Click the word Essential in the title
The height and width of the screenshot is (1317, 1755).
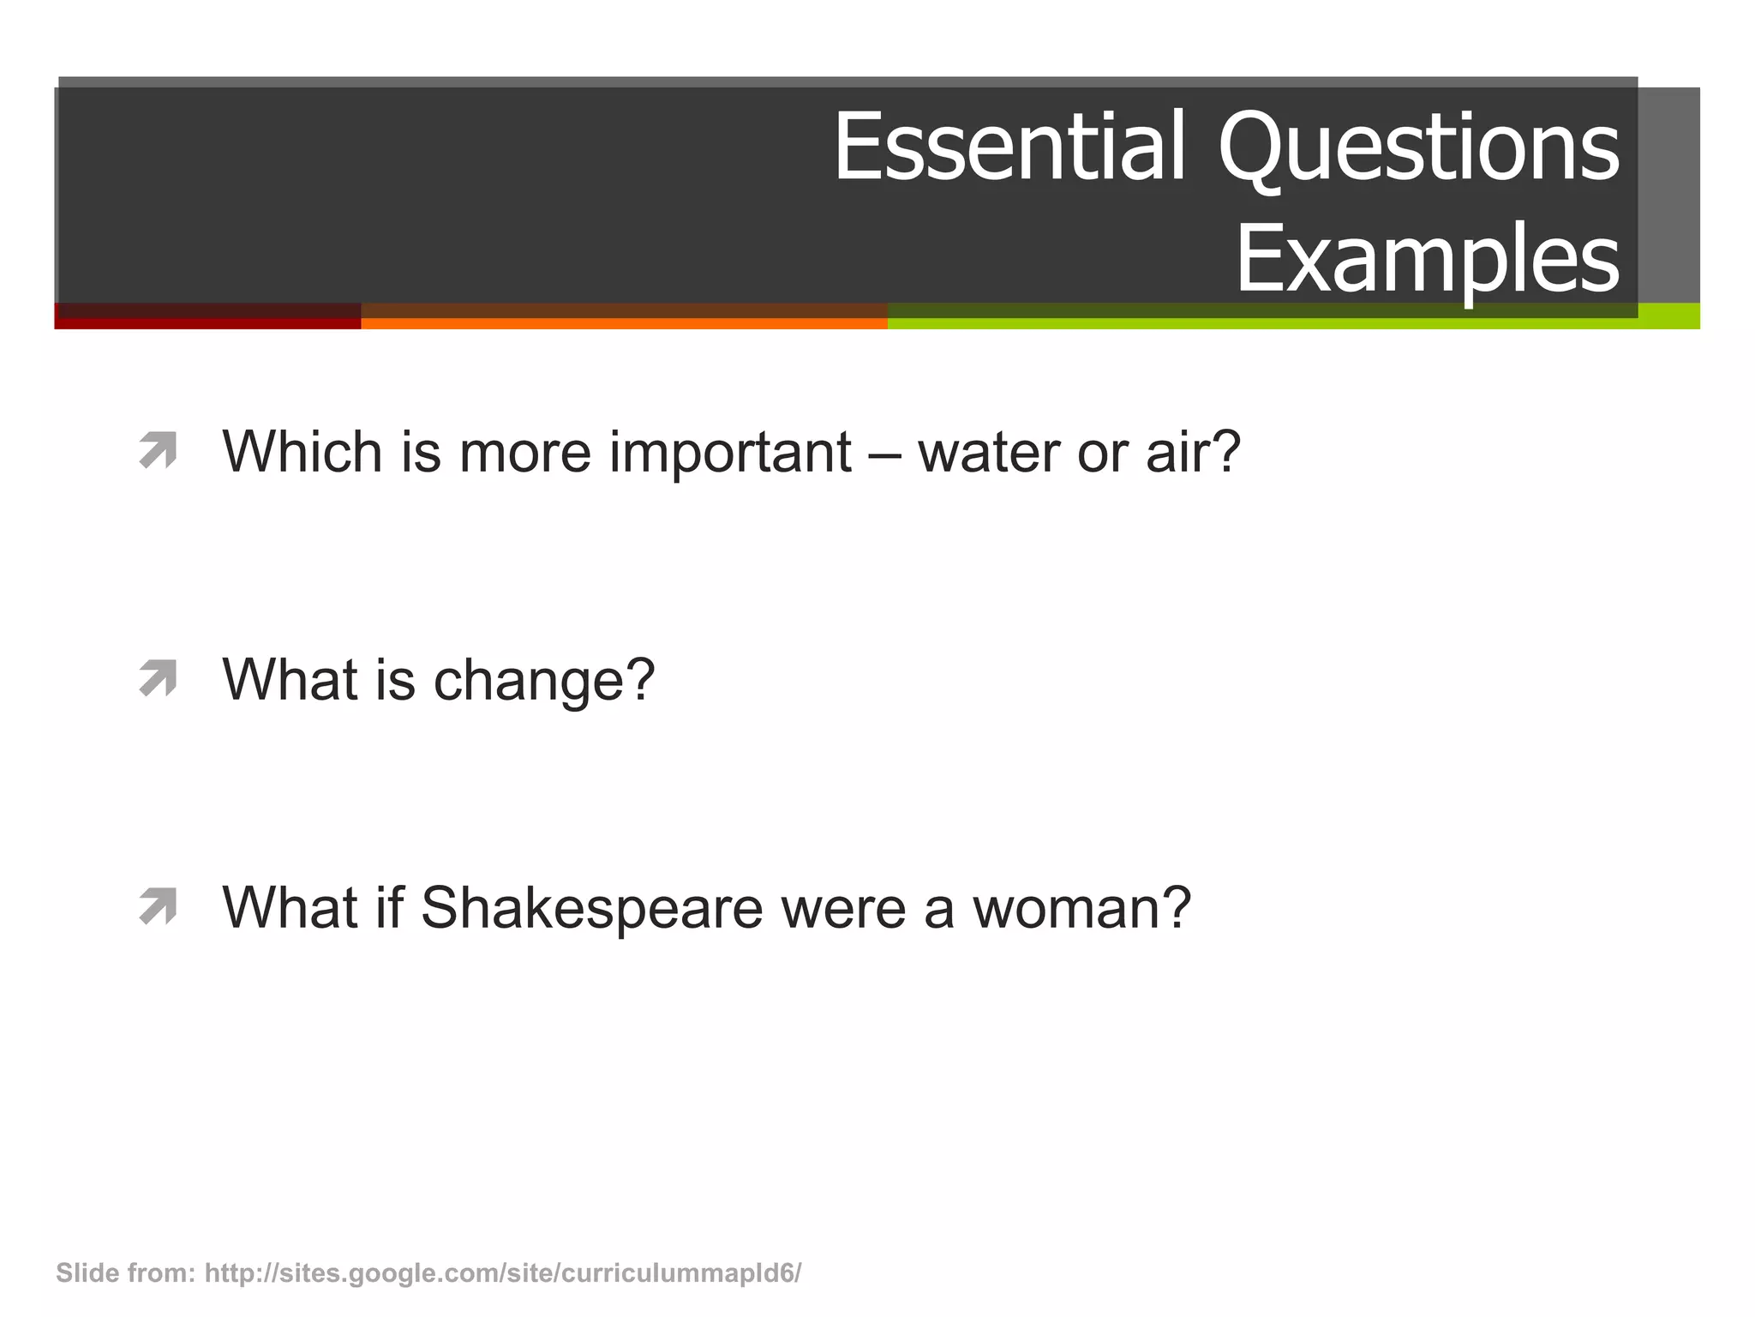1009,147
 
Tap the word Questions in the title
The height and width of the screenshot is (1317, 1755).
1418,147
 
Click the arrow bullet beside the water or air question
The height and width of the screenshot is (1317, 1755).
158,450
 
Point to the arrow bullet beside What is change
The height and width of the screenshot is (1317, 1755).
158,678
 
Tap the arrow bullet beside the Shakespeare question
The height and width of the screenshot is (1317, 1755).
158,906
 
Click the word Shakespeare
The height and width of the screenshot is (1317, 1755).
591,908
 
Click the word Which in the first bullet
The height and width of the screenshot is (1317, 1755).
302,452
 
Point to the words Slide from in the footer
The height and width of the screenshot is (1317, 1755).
126,1273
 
